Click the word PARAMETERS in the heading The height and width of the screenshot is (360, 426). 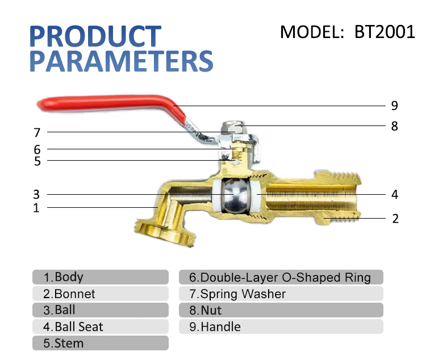pyautogui.click(x=121, y=61)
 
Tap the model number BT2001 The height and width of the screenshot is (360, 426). pyautogui.click(x=385, y=31)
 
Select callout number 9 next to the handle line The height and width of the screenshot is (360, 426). pyautogui.click(x=394, y=106)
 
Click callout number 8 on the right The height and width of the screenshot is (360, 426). pyautogui.click(x=394, y=126)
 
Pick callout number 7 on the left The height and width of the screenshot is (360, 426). pyautogui.click(x=37, y=133)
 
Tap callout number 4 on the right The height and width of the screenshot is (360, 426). pyautogui.click(x=395, y=195)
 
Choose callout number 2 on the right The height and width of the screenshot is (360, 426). pyautogui.click(x=395, y=219)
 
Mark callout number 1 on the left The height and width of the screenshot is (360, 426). pyautogui.click(x=36, y=208)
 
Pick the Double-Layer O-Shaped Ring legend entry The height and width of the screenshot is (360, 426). pyautogui.click(x=281, y=277)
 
